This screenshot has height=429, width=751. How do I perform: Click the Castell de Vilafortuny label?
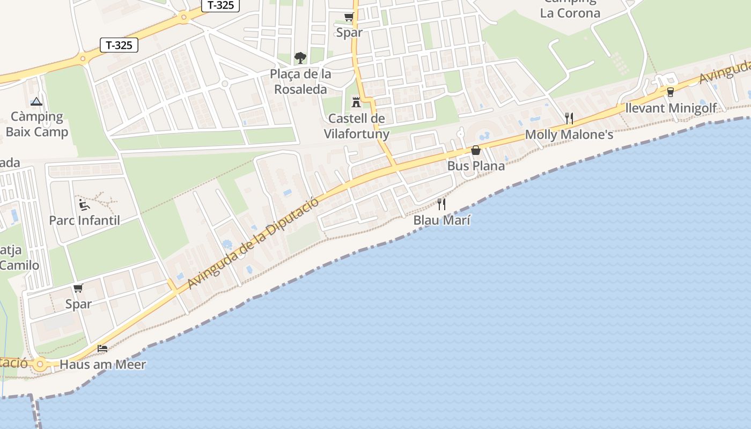coord(356,126)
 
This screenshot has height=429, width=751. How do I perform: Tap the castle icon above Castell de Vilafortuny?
coord(356,102)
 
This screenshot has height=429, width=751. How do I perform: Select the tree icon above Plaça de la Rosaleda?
coord(300,57)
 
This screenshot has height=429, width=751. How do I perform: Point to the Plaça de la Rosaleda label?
coord(300,82)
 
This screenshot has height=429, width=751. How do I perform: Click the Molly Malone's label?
coord(569,135)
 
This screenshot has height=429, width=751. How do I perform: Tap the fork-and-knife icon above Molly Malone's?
coord(569,118)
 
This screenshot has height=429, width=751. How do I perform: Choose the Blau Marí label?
coord(441,220)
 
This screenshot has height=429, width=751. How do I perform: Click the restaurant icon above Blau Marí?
coord(441,204)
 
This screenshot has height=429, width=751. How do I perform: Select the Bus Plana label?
coord(476,166)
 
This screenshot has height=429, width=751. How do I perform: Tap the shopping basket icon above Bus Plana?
coord(476,150)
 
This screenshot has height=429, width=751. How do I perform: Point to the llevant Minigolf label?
coord(671,108)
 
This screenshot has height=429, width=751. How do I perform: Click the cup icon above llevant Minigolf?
coord(670,92)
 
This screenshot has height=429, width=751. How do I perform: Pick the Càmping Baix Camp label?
coord(36,124)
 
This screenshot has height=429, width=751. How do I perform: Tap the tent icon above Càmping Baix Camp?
coord(36,101)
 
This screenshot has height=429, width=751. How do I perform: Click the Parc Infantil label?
coord(84,220)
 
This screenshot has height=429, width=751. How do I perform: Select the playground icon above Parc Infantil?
coord(84,204)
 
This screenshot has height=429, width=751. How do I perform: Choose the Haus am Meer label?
coord(102,365)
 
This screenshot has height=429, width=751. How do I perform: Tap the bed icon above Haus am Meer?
coord(102,349)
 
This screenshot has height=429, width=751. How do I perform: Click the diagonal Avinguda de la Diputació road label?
coord(253,244)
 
